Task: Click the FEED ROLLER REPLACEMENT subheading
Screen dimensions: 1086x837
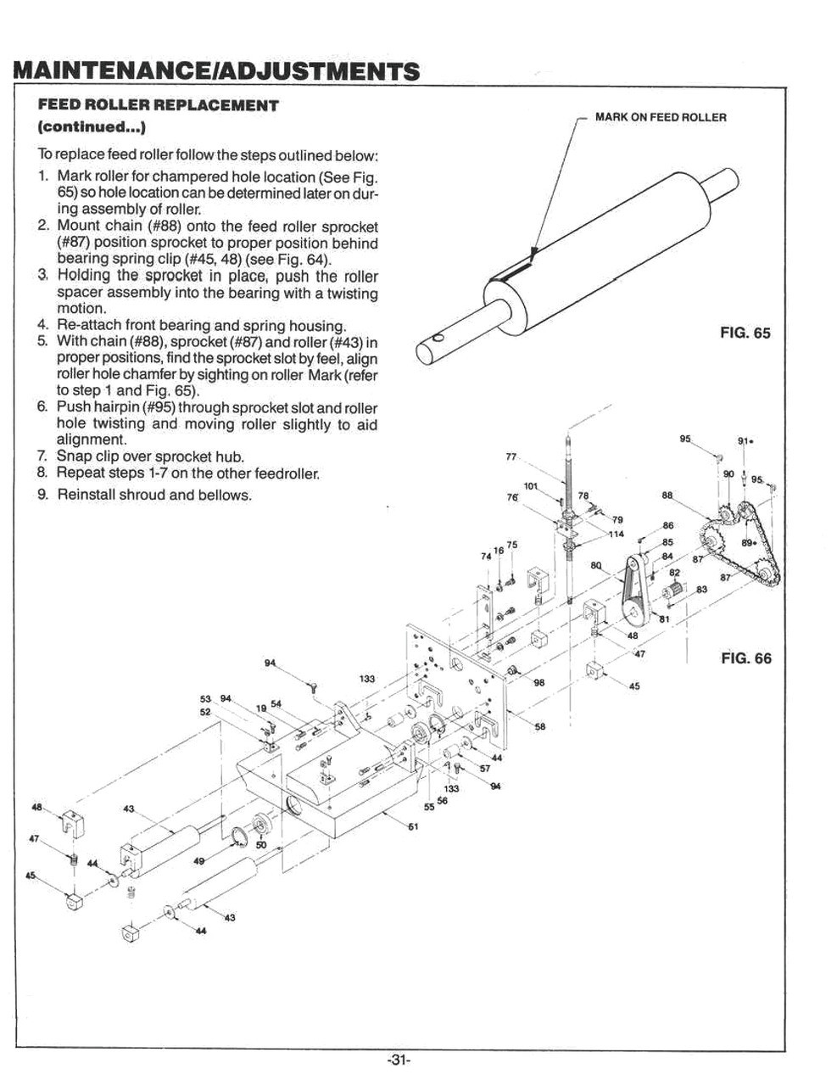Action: [159, 106]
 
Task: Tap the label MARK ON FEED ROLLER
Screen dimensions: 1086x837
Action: [661, 117]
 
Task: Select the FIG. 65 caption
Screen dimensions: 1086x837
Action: [745, 333]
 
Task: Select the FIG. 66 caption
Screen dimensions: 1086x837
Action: [746, 658]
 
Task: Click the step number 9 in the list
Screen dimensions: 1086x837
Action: [42, 495]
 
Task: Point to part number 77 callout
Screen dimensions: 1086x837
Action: [511, 457]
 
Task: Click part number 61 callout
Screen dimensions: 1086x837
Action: [413, 828]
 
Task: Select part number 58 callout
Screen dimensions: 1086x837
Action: [540, 726]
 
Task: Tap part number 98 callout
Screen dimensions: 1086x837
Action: [539, 683]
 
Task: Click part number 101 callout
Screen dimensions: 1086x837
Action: [531, 486]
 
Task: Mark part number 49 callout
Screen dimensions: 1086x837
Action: [199, 861]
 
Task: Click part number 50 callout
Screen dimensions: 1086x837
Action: [260, 845]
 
